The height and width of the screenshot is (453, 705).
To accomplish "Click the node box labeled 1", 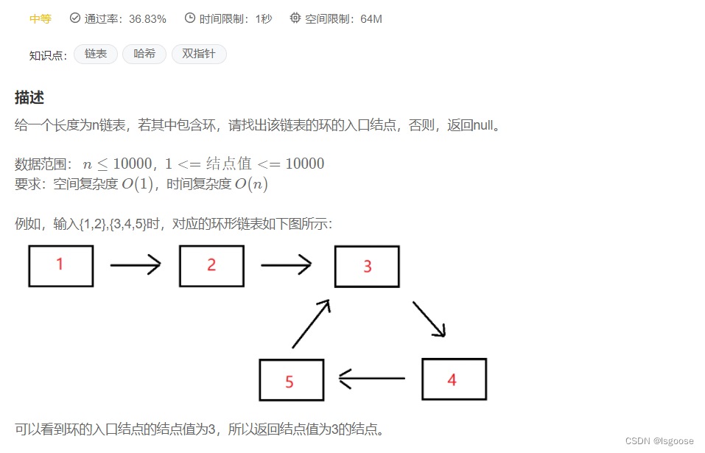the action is [60, 266].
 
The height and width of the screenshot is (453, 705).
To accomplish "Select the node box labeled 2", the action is [211, 266].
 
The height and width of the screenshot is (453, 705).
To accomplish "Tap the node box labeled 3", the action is [367, 267].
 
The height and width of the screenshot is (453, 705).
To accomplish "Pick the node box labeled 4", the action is [454, 379].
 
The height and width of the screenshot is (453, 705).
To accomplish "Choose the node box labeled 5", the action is [291, 380].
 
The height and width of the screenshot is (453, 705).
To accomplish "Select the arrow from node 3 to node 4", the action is [429, 318].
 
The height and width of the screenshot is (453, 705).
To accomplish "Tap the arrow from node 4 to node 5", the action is [371, 379].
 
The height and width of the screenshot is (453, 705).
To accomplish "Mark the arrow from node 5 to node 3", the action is [310, 323].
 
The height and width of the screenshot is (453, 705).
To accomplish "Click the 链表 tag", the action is [96, 54].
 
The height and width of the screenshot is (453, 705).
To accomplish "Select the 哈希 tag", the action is [144, 54].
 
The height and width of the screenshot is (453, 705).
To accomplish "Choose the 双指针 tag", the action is [199, 54].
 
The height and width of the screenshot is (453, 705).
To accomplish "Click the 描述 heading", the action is [29, 97].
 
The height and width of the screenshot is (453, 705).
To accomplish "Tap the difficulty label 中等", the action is [41, 18].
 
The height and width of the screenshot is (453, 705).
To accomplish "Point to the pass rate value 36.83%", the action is [147, 18].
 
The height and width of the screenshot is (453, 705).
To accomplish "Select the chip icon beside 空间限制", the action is [295, 18].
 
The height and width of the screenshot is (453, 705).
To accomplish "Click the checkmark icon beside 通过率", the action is [75, 18].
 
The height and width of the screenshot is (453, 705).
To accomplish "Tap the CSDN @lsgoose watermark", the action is [659, 440].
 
